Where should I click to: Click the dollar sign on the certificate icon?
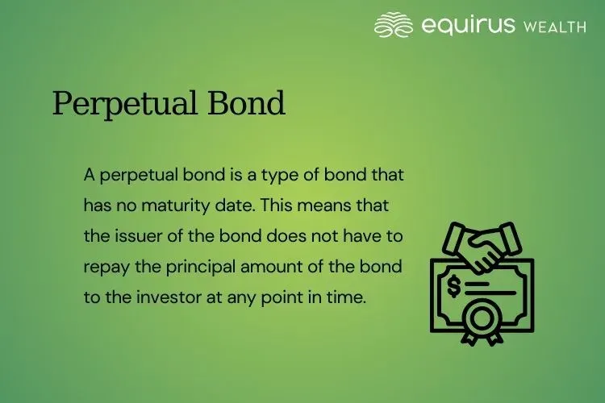pyautogui.click(x=454, y=285)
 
